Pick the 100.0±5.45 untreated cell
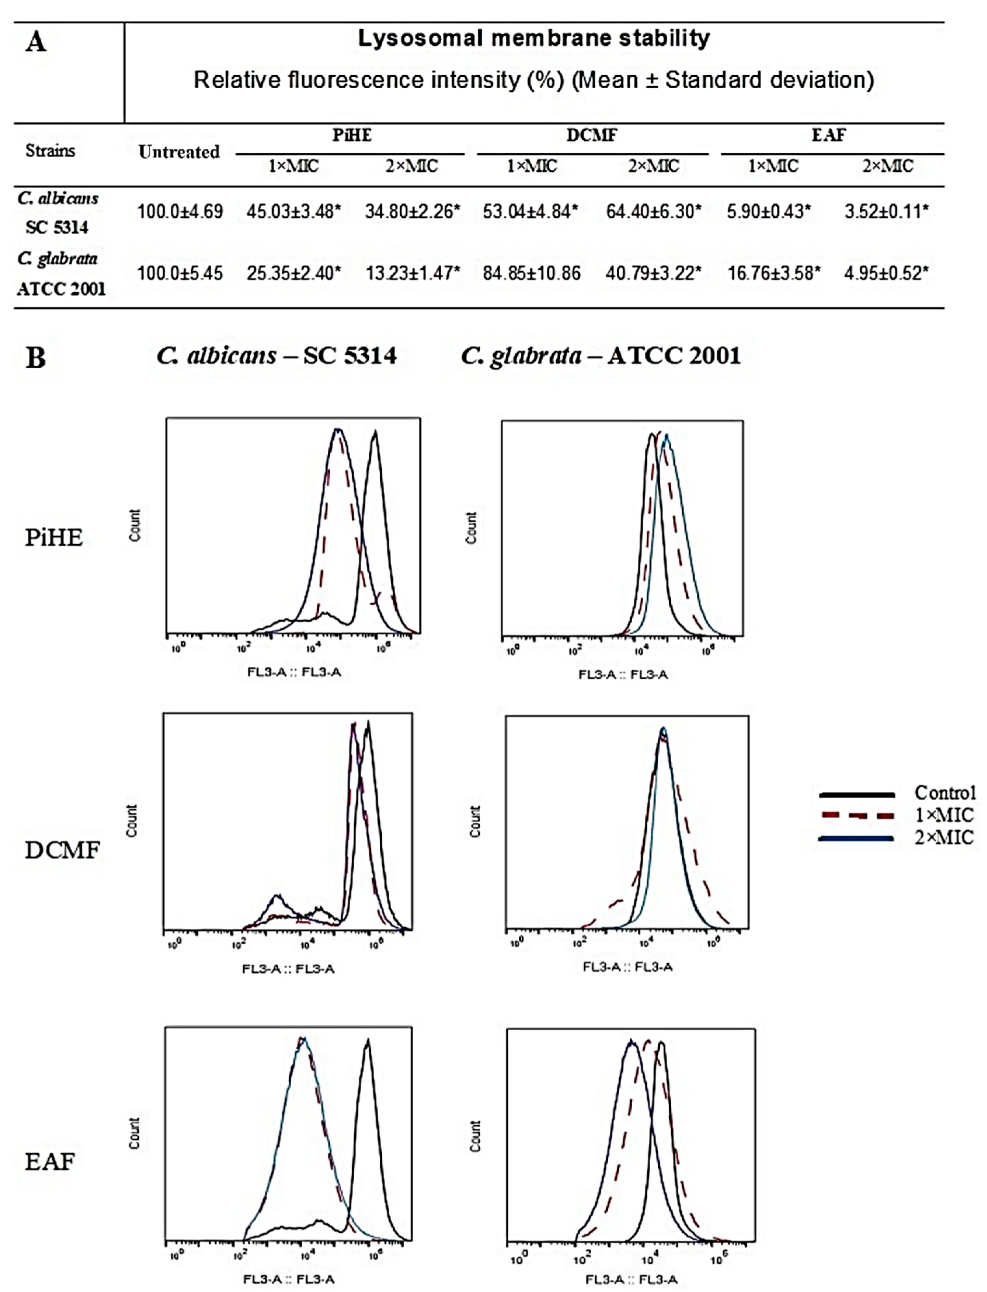pos(180,273)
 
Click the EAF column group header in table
pos(828,135)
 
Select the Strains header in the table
pos(51,150)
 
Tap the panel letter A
pos(35,42)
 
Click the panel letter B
pos(35,357)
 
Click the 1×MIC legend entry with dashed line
pos(944,815)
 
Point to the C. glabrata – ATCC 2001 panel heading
pos(600,355)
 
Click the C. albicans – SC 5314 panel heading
pos(276,355)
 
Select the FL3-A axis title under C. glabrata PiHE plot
pos(623,674)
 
